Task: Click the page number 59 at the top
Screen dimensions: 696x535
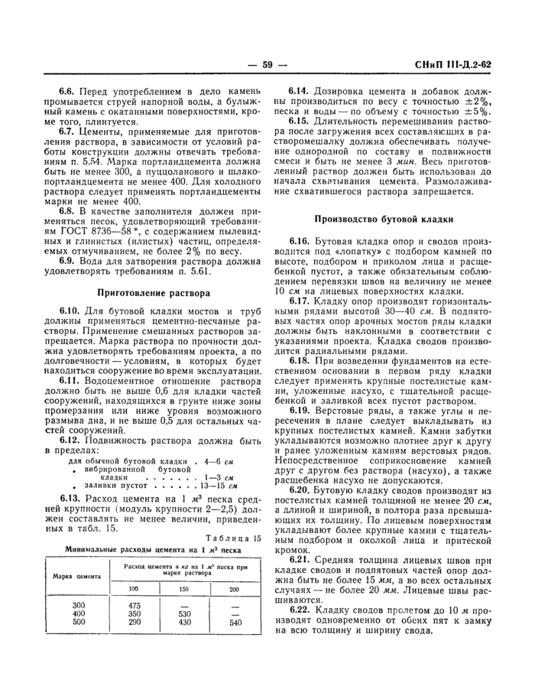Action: coord(267,65)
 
